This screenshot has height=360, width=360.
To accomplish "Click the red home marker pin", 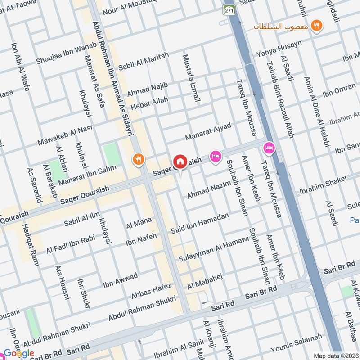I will pyautogui.click(x=180, y=162).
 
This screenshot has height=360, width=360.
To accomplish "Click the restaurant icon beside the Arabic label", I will pyautogui.click(x=317, y=26).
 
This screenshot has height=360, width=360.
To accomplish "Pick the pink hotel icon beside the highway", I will pyautogui.click(x=269, y=147).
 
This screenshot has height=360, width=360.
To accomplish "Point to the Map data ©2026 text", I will pyautogui.click(x=335, y=355).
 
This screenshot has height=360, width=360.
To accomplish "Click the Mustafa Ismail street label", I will pyautogui.click(x=190, y=78).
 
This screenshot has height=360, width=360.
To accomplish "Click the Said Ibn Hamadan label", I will pyautogui.click(x=199, y=224).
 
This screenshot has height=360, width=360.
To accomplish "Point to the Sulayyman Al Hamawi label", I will pyautogui.click(x=214, y=249).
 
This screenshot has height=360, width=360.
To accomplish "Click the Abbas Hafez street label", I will pyautogui.click(x=151, y=291).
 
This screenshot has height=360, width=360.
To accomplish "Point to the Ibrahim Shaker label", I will pyautogui.click(x=323, y=184).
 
